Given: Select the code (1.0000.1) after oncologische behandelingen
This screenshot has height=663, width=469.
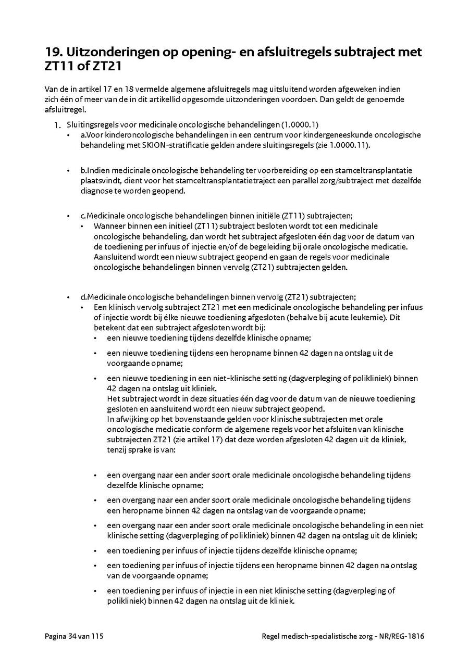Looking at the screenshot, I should (x=300, y=125).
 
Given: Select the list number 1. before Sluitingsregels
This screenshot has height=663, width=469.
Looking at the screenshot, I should (x=57, y=125).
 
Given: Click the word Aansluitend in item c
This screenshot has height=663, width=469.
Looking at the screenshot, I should (x=113, y=257).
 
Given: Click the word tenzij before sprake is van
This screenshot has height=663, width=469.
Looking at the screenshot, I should (x=117, y=449).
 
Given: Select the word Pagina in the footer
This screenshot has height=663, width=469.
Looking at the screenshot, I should (x=55, y=636).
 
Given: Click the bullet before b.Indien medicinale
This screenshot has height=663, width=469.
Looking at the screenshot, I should (x=68, y=171).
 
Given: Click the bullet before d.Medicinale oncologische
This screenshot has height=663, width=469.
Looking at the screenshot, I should (x=68, y=297).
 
